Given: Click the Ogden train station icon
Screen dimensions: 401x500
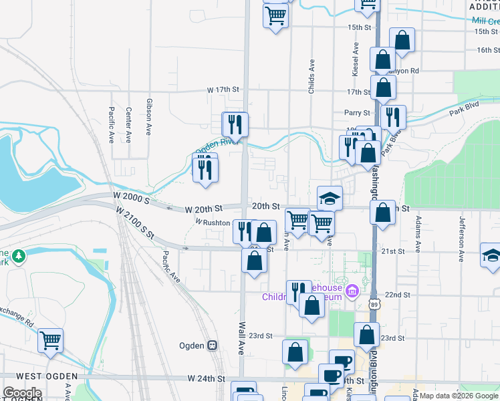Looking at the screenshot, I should [213, 345].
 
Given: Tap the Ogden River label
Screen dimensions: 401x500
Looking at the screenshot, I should [217, 143].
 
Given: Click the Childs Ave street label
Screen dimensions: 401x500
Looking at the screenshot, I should [311, 76].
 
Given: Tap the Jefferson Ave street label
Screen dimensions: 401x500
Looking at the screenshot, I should [461, 238].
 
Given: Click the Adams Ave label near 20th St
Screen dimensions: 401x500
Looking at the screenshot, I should [418, 234].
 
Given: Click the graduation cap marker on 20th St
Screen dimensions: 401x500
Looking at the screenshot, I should [330, 197].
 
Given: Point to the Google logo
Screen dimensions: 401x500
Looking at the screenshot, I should [22, 393].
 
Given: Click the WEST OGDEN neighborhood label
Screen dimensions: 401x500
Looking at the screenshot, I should [33, 378].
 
